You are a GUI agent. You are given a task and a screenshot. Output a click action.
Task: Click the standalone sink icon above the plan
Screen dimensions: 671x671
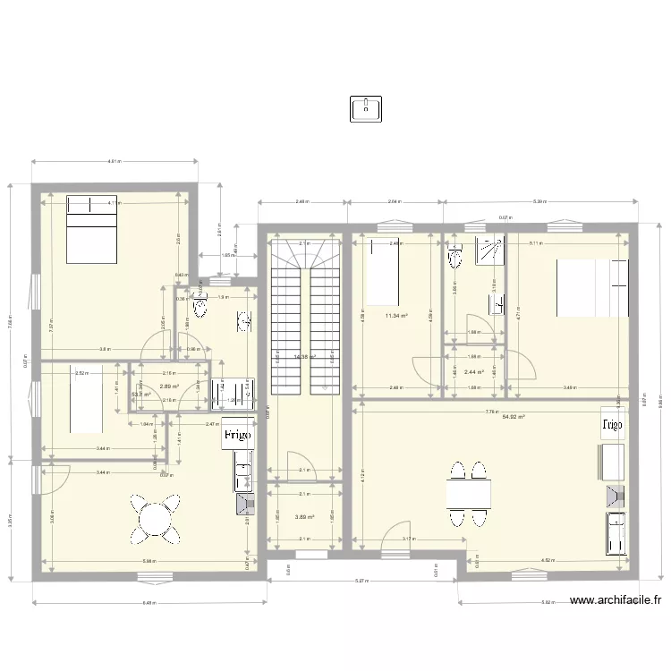coord(367,109)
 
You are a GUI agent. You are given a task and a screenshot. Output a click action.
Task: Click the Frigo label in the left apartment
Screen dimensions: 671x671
coord(236,435)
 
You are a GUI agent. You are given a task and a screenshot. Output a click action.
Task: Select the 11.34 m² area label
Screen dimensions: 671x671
coord(396,316)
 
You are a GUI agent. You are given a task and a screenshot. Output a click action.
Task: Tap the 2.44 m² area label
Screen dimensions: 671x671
coord(473,372)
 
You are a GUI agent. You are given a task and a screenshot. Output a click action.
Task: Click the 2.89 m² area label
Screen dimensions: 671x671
coord(169,387)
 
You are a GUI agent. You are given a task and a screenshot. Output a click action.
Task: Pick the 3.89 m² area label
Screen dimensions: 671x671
coord(305,516)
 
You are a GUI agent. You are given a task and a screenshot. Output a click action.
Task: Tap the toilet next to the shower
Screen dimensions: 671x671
coord(456,257)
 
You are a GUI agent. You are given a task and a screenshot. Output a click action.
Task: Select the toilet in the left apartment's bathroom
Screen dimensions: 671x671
coord(200,307)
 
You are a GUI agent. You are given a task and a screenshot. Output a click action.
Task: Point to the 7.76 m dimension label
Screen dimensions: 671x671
coord(490,412)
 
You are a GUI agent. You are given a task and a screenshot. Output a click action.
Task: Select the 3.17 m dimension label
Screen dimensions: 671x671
coord(408,539)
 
